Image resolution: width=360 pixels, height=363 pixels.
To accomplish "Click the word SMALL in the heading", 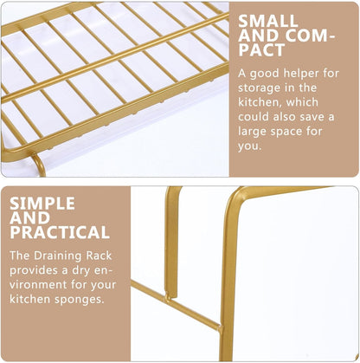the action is tap(268, 21).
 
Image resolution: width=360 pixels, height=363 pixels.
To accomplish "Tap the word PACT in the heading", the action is tap(261, 49).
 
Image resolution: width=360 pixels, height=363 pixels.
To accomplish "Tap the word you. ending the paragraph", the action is tap(250, 146).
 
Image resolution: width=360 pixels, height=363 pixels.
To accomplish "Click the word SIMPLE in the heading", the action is tap(42, 204).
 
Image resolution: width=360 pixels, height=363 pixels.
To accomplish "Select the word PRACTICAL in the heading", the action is tap(60, 232).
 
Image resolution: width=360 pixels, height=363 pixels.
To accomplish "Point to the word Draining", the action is tap(58, 256).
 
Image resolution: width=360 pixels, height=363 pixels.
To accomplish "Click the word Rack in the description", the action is tap(99, 256).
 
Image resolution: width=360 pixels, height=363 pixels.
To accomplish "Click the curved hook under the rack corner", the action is tap(39, 164).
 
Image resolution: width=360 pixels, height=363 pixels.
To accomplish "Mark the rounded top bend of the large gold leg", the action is tap(236, 194).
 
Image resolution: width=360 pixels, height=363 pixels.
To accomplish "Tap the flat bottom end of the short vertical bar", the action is tap(171, 296).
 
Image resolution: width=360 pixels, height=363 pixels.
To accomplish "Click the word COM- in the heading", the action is tap(311, 36).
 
